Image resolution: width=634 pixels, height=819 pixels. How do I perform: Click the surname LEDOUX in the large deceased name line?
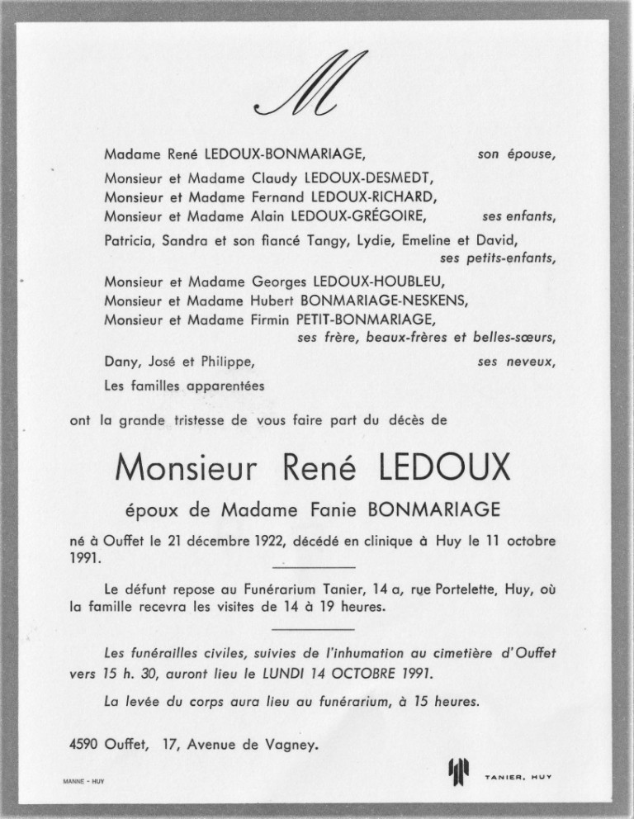[x=444, y=470]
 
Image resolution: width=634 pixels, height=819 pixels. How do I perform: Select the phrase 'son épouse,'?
[x=517, y=154]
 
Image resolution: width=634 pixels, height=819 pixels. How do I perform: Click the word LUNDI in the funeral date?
[x=324, y=673]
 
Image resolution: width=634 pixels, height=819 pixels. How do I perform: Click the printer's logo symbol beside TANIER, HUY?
[x=458, y=773]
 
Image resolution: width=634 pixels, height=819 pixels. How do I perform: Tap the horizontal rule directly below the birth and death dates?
[x=313, y=566]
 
